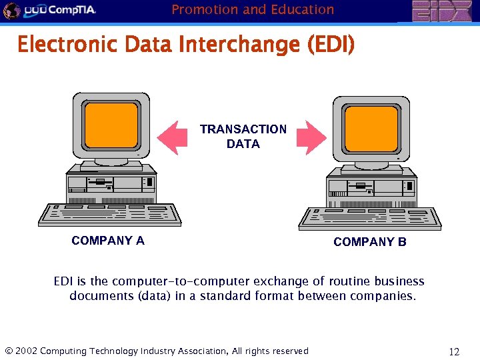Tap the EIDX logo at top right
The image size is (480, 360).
441,11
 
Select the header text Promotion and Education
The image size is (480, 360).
253,9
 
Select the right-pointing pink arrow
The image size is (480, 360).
311,137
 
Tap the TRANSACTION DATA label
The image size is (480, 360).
243,136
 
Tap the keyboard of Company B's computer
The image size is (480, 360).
370,217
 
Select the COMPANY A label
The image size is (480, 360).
108,241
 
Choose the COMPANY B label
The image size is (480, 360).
369,242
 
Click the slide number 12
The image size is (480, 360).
455,351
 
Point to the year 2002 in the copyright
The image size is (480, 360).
26,351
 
